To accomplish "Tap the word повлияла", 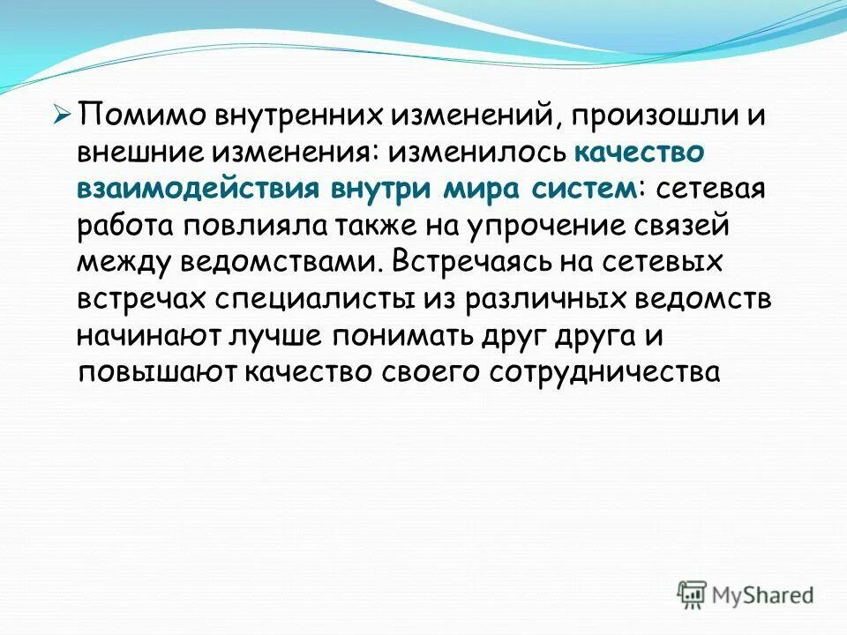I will pyautogui.click(x=256, y=225).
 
